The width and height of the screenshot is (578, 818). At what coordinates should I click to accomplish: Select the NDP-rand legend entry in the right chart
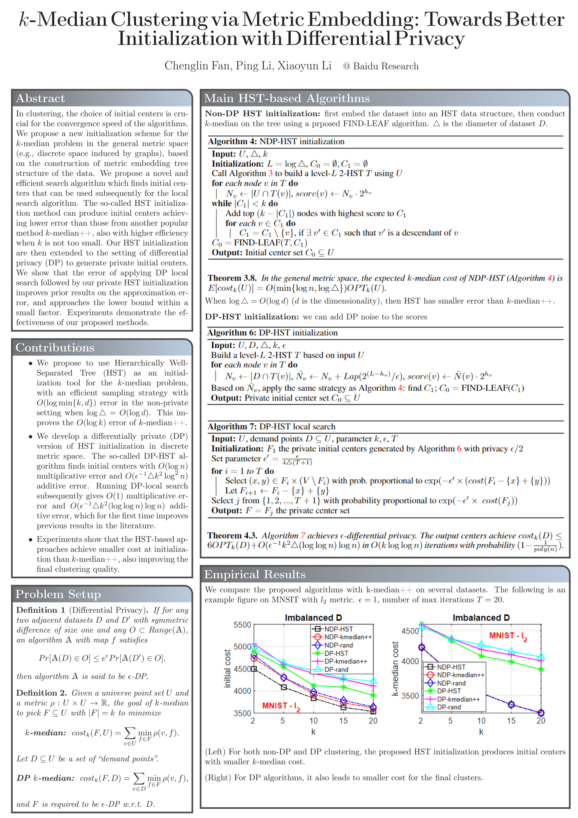click(451, 683)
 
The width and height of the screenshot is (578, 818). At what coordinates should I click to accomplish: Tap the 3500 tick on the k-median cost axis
click(410, 696)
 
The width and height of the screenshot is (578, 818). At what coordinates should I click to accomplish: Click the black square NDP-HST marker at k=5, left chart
click(284, 687)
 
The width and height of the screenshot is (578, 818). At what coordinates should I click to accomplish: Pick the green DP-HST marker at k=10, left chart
click(314, 685)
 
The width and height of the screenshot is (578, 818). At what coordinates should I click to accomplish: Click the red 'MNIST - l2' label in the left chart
click(281, 706)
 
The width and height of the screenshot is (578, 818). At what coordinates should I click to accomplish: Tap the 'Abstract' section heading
click(40, 98)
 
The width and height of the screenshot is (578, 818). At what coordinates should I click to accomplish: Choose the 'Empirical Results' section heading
click(255, 574)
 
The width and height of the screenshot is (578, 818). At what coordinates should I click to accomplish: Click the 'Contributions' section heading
click(55, 347)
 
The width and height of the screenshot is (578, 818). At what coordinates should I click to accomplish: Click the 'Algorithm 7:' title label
click(233, 426)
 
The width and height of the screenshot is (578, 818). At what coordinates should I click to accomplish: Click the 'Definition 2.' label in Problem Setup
click(41, 693)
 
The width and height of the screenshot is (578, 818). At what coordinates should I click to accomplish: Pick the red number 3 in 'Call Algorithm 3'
click(270, 174)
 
